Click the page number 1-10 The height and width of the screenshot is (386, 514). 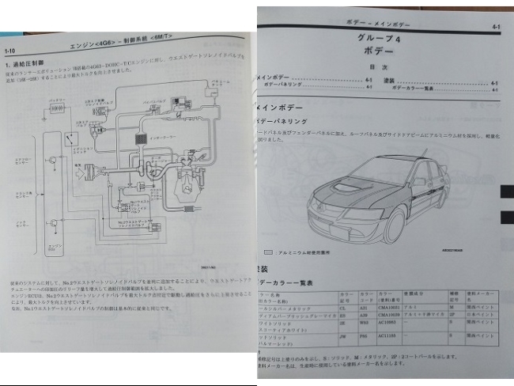pyautogui.click(x=10, y=50)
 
